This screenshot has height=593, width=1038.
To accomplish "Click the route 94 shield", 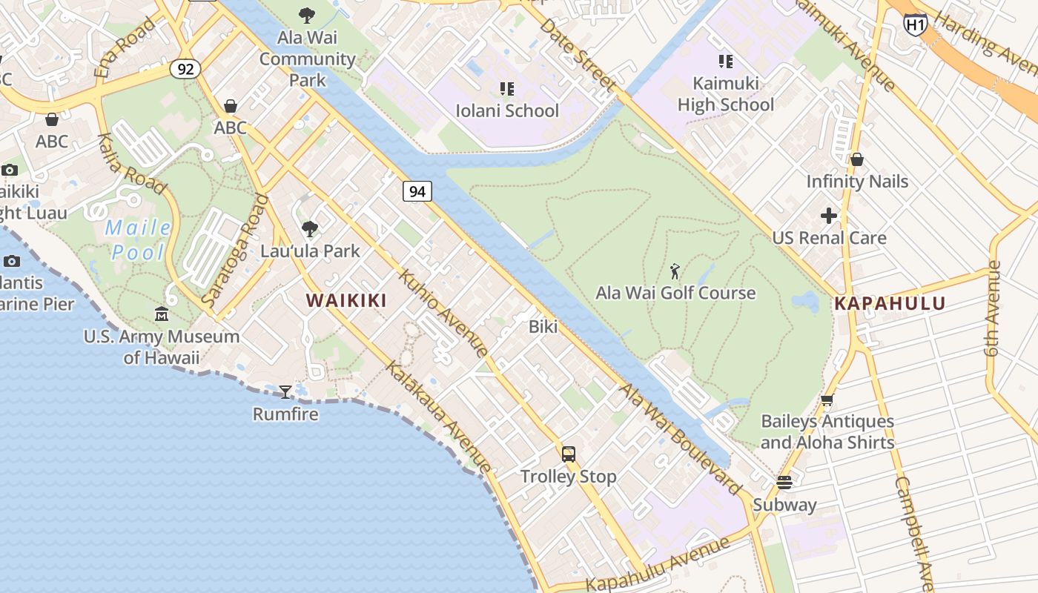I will tap(417, 191).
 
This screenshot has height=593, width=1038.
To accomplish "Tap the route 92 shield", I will tap(185, 69).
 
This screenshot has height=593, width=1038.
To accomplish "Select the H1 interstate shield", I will tap(916, 24).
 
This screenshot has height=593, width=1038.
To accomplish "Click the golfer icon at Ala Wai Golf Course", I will tap(675, 271).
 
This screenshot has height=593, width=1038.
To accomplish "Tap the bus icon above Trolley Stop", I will tap(569, 454).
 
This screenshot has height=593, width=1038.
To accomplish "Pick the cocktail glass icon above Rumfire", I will tap(285, 391).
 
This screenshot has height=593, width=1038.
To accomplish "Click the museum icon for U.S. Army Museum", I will tap(162, 314).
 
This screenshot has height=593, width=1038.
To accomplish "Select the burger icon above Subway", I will tap(784, 483).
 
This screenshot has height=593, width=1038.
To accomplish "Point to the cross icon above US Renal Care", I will tap(829, 216).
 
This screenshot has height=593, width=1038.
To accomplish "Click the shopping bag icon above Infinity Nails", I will tap(857, 159).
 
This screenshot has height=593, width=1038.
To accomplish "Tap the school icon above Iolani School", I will tap(507, 89).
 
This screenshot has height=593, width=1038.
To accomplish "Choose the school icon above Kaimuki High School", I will tap(726, 61).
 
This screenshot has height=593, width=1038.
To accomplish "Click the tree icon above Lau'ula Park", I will tap(310, 228).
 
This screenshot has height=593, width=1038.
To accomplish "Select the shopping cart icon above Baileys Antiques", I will tap(827, 400).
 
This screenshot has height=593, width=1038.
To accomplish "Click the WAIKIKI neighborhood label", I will tap(346, 300).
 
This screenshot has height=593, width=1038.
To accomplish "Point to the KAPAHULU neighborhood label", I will tap(890, 303).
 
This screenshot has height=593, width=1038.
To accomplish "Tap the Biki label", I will tap(543, 326).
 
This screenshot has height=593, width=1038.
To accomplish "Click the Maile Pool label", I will tap(139, 239).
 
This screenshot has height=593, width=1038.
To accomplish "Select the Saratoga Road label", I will tap(234, 251).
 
